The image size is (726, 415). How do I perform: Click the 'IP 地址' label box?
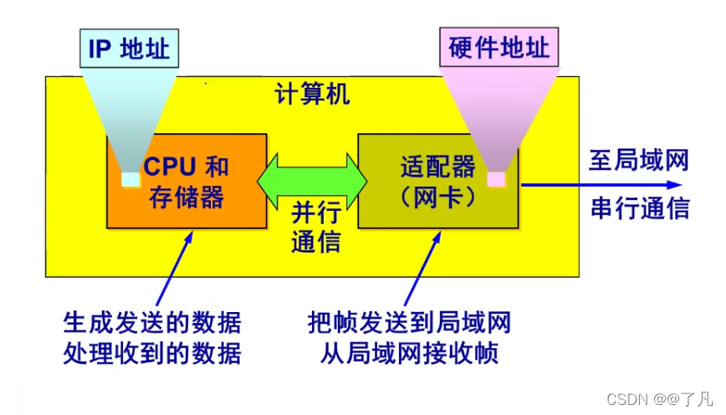coord(130,49)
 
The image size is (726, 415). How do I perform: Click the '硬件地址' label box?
coord(498,49)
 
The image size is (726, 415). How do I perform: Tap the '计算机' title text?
coord(313,94)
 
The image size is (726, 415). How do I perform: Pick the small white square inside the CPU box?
coord(130,179)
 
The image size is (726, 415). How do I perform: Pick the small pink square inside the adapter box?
coord(497,178)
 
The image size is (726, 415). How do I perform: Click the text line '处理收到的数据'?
coord(151,354)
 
